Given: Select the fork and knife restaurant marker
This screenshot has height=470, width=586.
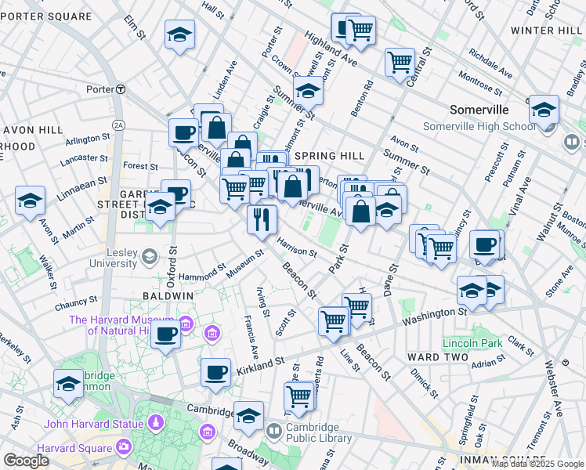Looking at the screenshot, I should point(262,219).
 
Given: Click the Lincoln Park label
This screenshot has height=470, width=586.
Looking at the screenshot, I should point(472,343).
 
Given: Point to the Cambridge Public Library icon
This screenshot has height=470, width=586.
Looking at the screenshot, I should point(274,431).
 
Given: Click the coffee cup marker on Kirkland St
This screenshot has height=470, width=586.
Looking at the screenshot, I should point(215,373).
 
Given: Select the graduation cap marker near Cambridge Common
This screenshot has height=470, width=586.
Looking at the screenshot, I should point(68,385).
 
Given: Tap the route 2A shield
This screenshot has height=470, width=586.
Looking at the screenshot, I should point(118,125).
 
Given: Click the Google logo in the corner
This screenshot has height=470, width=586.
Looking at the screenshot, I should point(26,460).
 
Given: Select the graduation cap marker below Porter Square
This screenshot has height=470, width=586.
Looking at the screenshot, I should point(179,34).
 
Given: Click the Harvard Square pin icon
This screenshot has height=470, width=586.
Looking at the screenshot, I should point(124,447).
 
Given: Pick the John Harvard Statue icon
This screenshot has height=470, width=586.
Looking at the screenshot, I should point(156,424).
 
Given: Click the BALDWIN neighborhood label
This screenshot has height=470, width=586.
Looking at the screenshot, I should point(168,295).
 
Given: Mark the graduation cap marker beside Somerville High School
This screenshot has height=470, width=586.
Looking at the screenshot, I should point(544,111).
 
